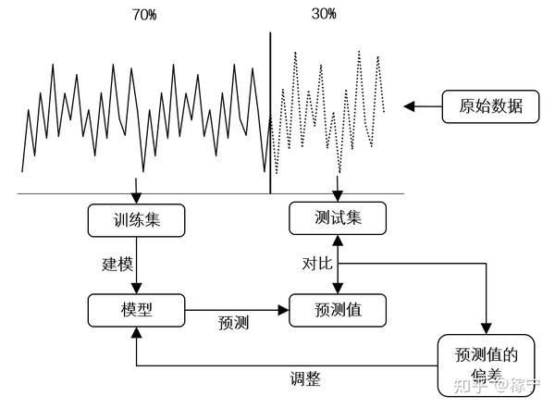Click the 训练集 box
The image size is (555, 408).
[137, 221]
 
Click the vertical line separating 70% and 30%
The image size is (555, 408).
[270, 111]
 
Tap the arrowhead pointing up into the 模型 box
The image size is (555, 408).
[137, 332]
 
